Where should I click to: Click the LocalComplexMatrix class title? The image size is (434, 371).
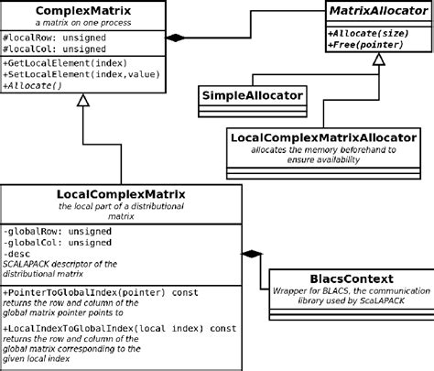pyautogui.click(x=121, y=194)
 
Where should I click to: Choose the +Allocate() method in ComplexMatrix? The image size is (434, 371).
pyautogui.click(x=34, y=87)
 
